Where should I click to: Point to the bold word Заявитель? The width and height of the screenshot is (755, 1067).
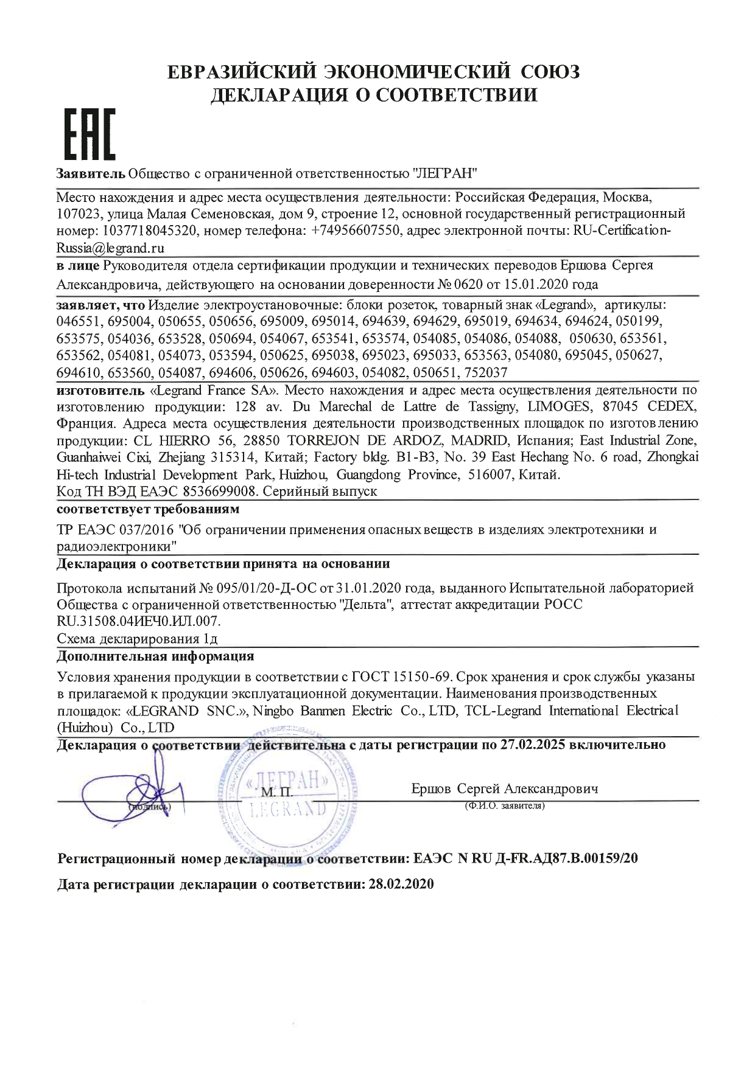coord(91,173)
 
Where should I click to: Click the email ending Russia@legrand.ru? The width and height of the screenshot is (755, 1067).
coord(110,248)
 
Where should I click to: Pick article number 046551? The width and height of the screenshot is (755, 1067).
coord(80,321)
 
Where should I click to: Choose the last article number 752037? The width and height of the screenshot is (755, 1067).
coord(485,372)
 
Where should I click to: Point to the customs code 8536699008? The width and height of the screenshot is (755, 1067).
coord(211,491)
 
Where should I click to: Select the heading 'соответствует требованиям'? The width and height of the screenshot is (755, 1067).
coord(148,508)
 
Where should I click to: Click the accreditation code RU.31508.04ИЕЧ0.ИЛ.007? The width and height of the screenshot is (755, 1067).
coord(138,621)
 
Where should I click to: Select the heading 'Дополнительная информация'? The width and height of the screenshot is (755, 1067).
coord(155,656)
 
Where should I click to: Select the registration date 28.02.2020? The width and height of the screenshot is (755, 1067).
coord(401,885)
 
